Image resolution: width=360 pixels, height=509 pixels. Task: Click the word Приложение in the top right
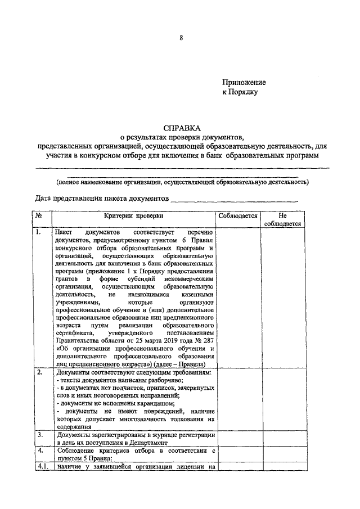click(244, 83)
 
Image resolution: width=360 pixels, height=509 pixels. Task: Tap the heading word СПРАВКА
click(181, 128)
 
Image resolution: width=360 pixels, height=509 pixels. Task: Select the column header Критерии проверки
click(133, 215)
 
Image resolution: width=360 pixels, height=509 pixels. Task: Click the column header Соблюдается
click(237, 215)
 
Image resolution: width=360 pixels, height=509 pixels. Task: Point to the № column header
click(39, 215)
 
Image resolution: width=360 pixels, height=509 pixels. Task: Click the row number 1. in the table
click(38, 232)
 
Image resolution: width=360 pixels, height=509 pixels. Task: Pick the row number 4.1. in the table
click(41, 466)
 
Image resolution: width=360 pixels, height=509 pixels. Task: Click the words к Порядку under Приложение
click(240, 93)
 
